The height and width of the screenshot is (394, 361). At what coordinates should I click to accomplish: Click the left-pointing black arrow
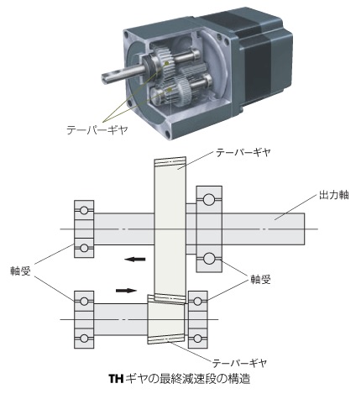coord(135,259)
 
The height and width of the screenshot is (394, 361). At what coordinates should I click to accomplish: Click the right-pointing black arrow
coord(126,291)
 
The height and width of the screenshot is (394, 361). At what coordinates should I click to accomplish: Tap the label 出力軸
coord(334,195)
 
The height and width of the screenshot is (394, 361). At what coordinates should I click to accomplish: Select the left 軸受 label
coord(20,271)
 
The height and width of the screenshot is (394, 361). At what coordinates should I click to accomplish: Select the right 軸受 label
coord(260,279)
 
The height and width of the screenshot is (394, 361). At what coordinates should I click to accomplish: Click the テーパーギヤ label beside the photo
coord(97,130)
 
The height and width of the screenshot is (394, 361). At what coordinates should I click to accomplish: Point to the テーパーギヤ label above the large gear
coord(243,153)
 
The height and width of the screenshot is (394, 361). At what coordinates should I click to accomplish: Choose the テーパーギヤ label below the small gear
coord(239,363)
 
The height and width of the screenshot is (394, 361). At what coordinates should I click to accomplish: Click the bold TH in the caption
coord(116,379)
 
